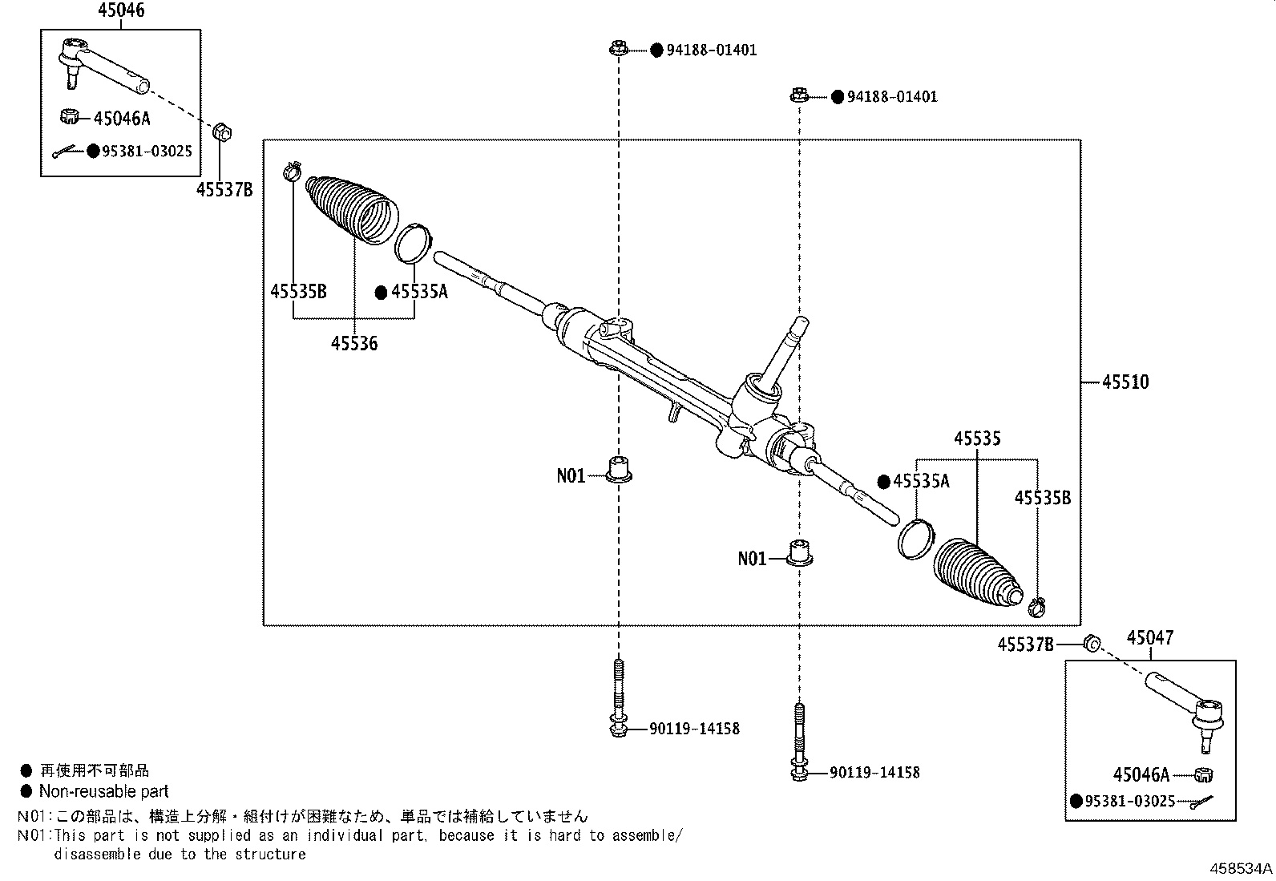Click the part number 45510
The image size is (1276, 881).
click(x=1125, y=382)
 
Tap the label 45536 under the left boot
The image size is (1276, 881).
click(x=354, y=344)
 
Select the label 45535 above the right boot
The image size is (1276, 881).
click(x=977, y=438)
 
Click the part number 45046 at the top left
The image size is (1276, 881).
click(x=121, y=10)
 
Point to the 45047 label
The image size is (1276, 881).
click(x=1149, y=638)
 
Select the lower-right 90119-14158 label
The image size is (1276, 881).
click(x=874, y=773)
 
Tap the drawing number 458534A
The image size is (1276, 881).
click(x=1240, y=868)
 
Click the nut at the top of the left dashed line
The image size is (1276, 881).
click(x=617, y=49)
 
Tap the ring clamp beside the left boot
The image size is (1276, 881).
click(x=414, y=243)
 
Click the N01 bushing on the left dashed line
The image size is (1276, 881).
click(x=618, y=469)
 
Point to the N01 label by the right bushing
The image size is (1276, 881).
click(x=752, y=559)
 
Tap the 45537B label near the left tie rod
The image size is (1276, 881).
click(x=224, y=190)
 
